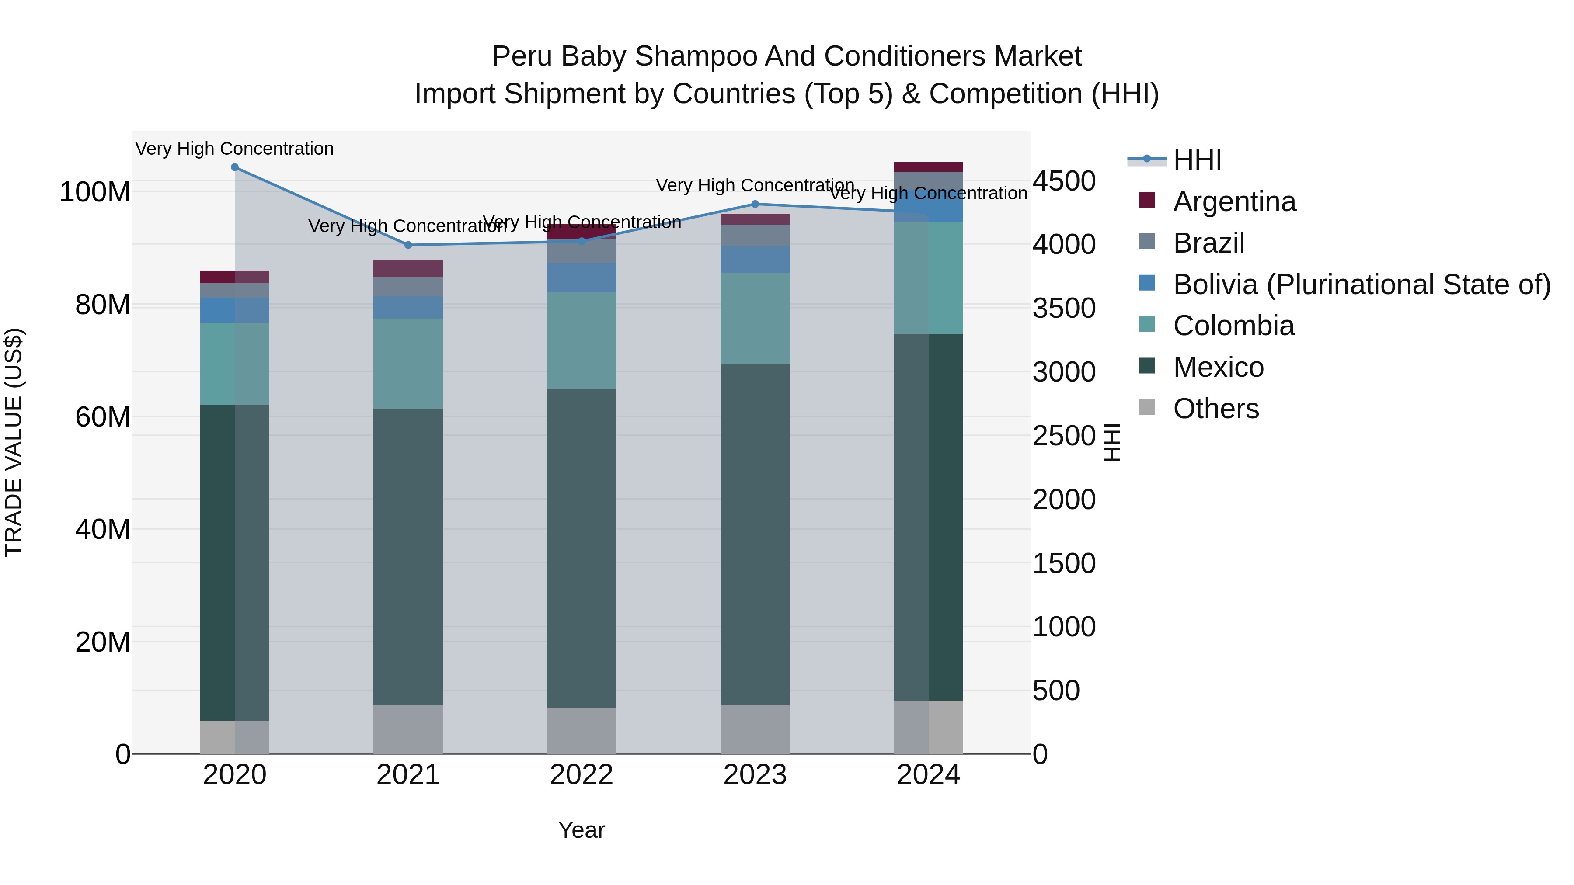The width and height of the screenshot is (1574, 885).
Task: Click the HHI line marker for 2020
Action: (235, 167)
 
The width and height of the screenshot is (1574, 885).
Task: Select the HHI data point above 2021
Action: (408, 245)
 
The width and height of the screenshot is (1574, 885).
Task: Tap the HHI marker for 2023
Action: (755, 204)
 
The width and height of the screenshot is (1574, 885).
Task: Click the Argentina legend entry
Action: (1234, 201)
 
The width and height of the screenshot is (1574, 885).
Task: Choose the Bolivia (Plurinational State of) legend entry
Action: (1362, 285)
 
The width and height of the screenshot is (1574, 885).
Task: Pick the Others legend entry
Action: (1215, 409)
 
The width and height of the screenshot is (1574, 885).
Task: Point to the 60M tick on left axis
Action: (103, 417)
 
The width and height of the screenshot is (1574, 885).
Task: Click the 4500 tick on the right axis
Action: (1064, 181)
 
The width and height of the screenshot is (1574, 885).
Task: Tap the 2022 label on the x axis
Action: (581, 775)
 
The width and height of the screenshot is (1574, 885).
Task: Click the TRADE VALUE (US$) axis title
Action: (14, 442)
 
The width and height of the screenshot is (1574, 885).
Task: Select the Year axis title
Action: (581, 830)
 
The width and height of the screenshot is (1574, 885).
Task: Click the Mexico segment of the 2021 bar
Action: (408, 556)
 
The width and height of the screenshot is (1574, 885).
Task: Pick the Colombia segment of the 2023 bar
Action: (755, 318)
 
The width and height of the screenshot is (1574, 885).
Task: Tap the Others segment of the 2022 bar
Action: (581, 730)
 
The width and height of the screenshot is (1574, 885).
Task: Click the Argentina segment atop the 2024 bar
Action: (928, 167)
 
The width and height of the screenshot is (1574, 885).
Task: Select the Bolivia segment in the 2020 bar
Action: (235, 310)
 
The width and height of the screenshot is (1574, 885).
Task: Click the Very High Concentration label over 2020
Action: (235, 149)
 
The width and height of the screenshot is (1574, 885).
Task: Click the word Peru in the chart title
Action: (522, 56)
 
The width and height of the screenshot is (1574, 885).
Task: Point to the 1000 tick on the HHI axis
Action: (1064, 627)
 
